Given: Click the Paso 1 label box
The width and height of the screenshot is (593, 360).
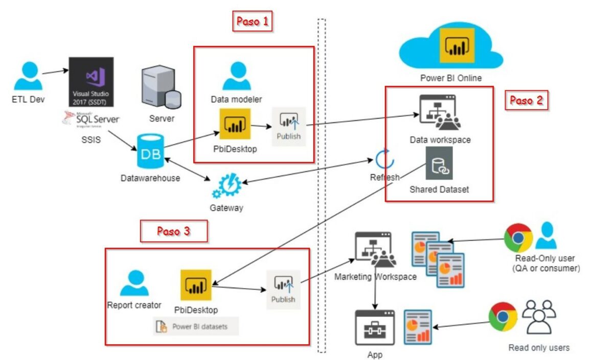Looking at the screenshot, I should (252, 22).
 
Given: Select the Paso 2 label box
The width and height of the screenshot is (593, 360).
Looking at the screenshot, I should (526, 100).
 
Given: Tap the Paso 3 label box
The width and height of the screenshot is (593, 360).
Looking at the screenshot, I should (173, 231).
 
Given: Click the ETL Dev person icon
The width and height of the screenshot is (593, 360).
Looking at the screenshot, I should (28, 76).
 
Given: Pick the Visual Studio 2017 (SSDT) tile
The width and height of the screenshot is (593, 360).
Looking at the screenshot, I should (92, 82).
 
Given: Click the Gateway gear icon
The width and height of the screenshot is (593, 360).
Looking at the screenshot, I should (226, 186).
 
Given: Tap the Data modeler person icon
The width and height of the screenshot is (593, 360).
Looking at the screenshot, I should (237, 76).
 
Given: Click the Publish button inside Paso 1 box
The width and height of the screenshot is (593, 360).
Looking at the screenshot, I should (289, 126).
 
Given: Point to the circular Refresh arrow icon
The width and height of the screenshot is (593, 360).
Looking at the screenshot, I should (384, 159).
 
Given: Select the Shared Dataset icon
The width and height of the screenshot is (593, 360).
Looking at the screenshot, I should (439, 163).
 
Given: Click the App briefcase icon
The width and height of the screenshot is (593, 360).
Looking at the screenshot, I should (375, 327).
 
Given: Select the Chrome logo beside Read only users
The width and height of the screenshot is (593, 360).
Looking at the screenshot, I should (503, 317).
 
